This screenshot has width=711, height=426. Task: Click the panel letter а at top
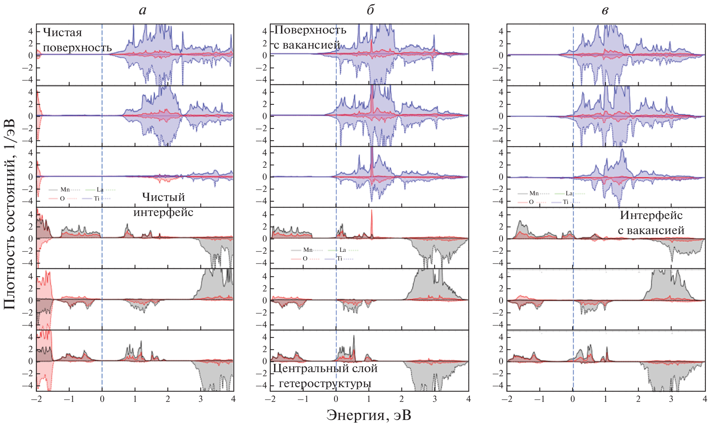[x=143, y=10]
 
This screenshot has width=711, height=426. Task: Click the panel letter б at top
[x=370, y=10]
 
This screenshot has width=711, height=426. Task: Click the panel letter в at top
[x=605, y=10]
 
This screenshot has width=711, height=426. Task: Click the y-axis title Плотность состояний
[x=9, y=214]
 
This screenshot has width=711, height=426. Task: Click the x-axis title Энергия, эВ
[x=368, y=415]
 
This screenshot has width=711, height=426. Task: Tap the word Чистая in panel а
[x=62, y=32]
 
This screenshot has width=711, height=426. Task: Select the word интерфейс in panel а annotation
[x=163, y=212]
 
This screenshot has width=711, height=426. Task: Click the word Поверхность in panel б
[x=310, y=30]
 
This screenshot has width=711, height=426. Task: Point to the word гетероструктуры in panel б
[x=325, y=383]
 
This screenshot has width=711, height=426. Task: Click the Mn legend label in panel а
[x=65, y=190]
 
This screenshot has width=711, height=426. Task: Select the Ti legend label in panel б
[x=339, y=259]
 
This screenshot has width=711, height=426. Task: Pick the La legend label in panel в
[x=569, y=193]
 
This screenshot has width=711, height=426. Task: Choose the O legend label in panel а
[x=62, y=198]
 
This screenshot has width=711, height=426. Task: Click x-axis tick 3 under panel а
[x=201, y=399]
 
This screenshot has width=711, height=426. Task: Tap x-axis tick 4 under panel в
[x=705, y=399]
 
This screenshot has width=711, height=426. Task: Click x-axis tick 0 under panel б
[x=336, y=399]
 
